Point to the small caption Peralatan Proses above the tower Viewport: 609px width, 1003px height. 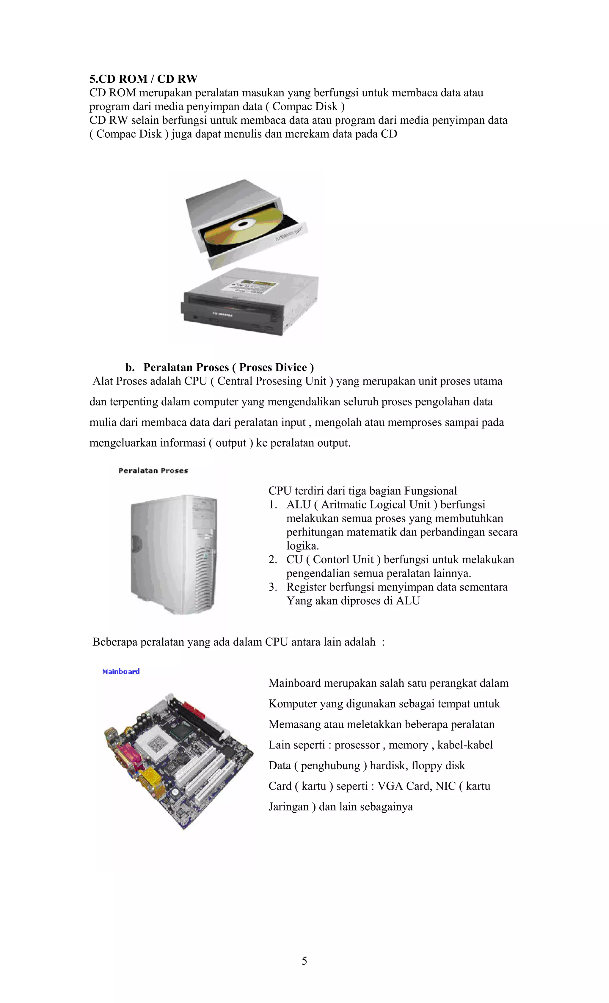point(153,470)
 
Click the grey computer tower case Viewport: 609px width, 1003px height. point(174,554)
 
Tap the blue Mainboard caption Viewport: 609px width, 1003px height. point(121,672)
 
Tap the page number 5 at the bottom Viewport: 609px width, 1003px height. point(304,961)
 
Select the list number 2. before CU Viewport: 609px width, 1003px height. point(273,560)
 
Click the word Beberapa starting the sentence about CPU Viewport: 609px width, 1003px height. point(115,642)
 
